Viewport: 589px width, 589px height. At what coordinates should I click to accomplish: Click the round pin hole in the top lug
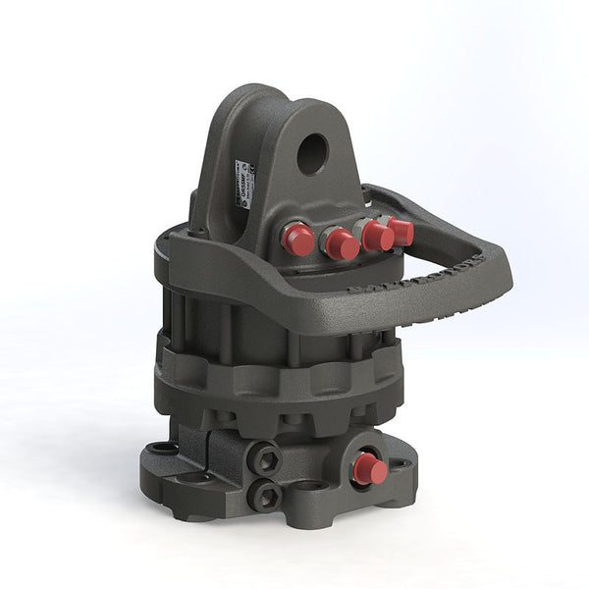pyautogui.click(x=311, y=153)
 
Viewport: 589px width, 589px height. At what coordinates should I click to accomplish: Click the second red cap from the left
pyautogui.click(x=342, y=243)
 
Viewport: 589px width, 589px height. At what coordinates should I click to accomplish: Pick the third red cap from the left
pyautogui.click(x=375, y=236)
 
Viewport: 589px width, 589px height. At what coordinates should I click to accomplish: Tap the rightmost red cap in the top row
pyautogui.click(x=400, y=232)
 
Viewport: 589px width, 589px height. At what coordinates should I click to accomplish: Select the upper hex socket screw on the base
pyautogui.click(x=265, y=457)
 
